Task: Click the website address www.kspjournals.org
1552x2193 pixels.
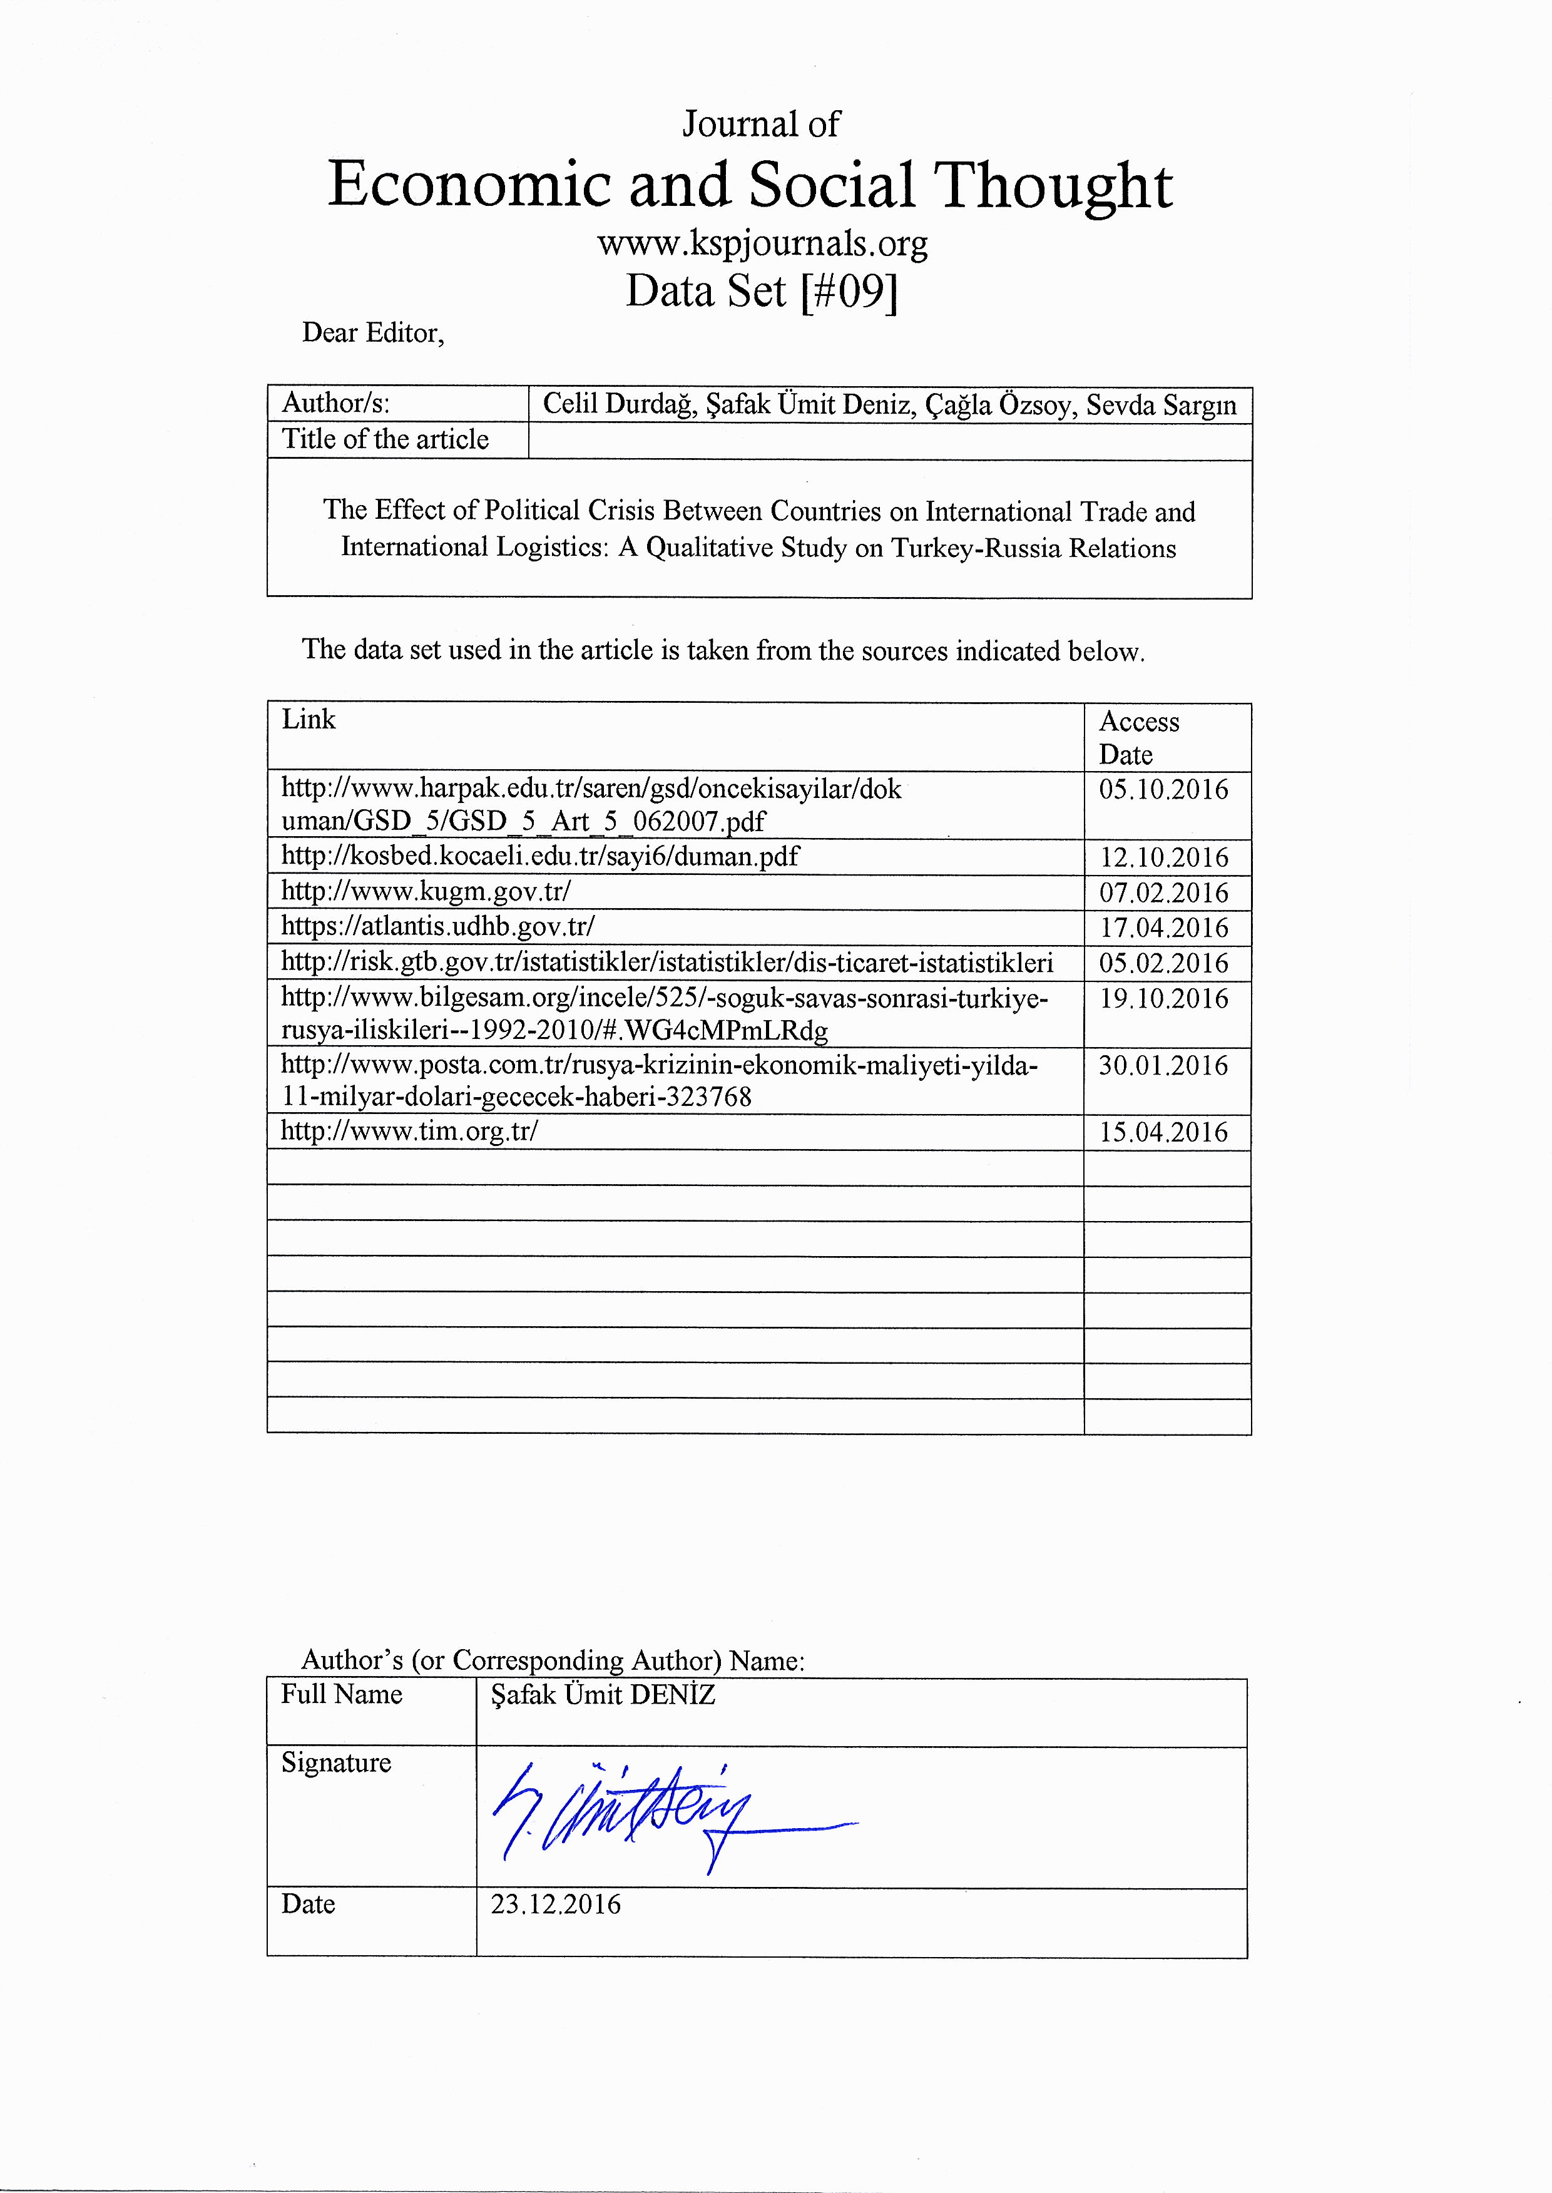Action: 762,245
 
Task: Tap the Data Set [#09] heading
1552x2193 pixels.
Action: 762,292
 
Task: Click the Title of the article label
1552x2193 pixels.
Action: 384,439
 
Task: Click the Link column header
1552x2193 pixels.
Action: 309,720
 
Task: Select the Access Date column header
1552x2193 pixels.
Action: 1139,738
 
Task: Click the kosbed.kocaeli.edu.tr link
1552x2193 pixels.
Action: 540,856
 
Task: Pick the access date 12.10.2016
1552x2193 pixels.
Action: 1163,858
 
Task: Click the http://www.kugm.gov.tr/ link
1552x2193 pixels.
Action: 426,892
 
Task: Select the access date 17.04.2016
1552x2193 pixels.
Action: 1163,928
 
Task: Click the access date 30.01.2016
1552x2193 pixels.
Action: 1163,1065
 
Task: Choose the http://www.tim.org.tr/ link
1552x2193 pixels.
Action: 409,1132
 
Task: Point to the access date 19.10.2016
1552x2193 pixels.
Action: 1163,999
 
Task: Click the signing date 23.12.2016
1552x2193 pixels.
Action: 555,1904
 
